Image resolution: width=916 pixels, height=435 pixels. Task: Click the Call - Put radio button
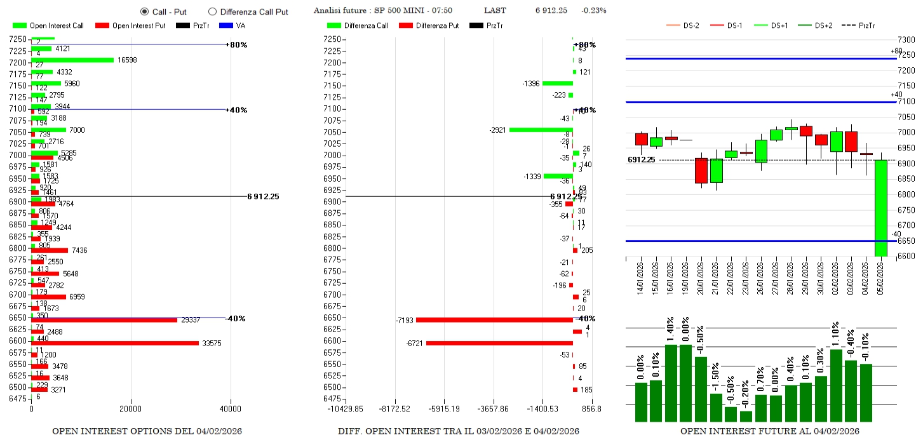[x=144, y=11]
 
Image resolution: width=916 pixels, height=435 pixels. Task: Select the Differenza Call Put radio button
[x=212, y=11]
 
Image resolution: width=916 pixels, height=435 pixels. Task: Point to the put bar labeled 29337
[x=104, y=320]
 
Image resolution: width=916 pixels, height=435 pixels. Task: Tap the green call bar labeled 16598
[x=72, y=60]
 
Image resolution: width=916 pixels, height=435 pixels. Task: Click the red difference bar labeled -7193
[x=494, y=319]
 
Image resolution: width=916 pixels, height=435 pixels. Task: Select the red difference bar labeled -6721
[x=499, y=343]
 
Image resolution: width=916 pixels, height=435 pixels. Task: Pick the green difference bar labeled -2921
[x=541, y=130]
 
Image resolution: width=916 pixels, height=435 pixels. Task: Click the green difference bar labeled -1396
[x=557, y=83]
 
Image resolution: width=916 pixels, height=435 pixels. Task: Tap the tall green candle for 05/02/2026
[x=880, y=208]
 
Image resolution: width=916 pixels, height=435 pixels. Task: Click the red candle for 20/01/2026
[x=701, y=170]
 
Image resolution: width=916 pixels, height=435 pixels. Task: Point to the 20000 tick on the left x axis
[x=131, y=410]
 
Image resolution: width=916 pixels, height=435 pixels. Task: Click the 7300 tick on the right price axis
[x=906, y=40]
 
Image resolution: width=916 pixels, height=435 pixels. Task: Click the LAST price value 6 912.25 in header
[x=551, y=10]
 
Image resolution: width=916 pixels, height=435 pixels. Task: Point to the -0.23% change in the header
[x=593, y=10]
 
